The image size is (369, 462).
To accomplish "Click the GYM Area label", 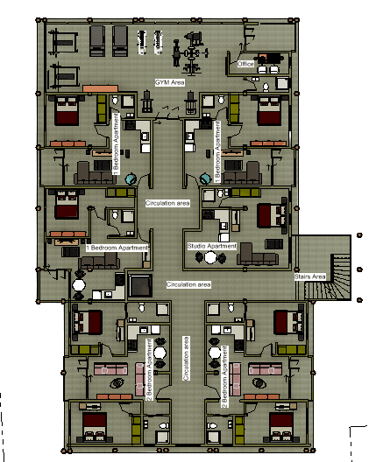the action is pos(170,82).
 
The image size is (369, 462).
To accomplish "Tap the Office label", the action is pos(245,64).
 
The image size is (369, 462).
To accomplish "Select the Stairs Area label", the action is pos(310,276).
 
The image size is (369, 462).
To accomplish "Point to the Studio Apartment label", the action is pos(212,246).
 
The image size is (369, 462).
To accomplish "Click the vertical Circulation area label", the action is pos(186,358).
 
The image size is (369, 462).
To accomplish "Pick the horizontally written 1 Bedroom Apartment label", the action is pos(117,248).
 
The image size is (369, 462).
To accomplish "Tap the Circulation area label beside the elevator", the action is pos(188,284).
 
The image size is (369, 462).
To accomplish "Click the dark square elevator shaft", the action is pos(140,285).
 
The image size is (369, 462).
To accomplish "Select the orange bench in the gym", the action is pos(101,88).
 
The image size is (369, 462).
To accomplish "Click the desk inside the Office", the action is pos(271,58).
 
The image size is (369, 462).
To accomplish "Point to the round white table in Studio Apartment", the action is pos(210,257).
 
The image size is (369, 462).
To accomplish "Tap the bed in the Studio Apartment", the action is pos(272,215).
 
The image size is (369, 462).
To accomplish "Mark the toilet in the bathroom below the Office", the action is pos(266,87).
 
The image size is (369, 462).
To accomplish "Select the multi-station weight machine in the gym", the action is pos(191,53).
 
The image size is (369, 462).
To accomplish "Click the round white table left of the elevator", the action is pos(79,285).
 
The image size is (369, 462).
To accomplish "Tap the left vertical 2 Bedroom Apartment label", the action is pos(149,369).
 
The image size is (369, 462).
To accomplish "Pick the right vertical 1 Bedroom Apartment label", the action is pos(218,151).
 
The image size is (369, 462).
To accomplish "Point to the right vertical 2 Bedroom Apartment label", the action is pos(224,376).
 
